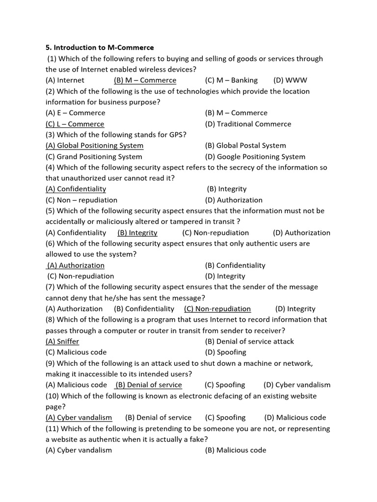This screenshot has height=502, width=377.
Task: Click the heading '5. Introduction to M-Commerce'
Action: [100, 48]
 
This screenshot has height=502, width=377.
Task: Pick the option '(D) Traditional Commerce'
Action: [248, 124]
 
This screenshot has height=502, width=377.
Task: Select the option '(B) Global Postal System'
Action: [245, 146]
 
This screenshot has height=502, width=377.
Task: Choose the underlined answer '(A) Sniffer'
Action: [62, 341]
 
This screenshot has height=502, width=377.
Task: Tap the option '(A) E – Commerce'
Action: [75, 113]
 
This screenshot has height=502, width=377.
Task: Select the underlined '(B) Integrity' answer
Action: [137, 233]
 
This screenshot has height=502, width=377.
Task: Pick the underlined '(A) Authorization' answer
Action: [76, 265]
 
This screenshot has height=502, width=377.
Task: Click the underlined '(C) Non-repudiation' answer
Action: [217, 309]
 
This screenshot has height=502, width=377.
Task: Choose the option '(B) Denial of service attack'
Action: [249, 341]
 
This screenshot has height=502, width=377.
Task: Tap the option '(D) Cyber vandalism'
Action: [297, 385]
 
